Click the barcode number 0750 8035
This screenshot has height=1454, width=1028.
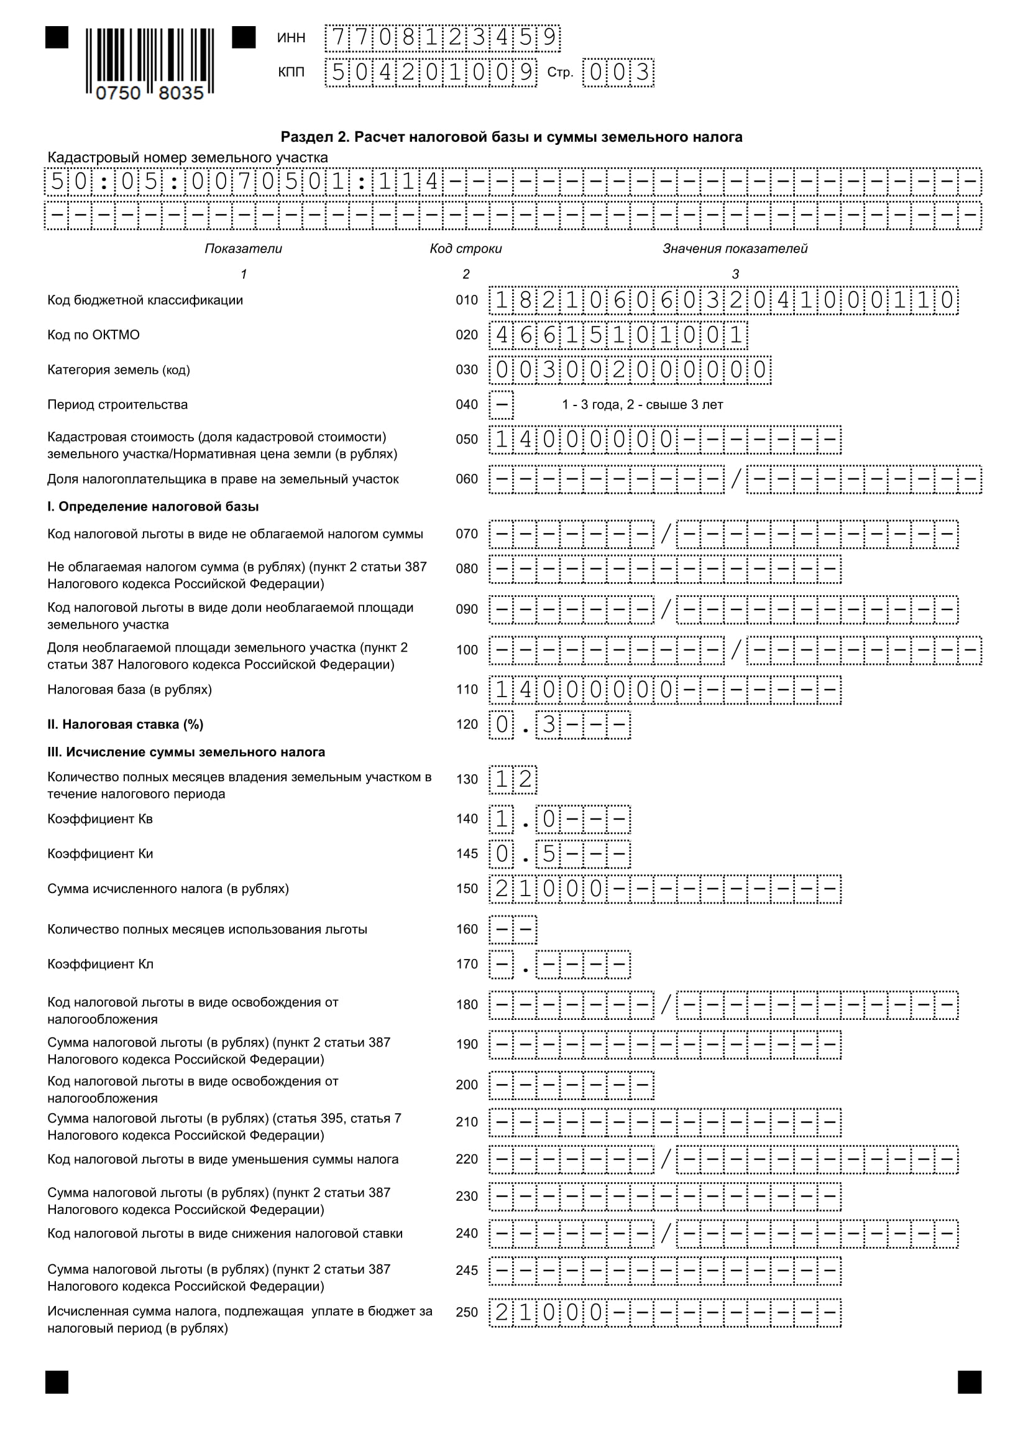pos(149,93)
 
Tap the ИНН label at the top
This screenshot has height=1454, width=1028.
pos(291,38)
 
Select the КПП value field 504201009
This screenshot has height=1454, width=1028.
pos(431,73)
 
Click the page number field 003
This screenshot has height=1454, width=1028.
pos(618,73)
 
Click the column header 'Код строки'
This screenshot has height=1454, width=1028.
pos(466,249)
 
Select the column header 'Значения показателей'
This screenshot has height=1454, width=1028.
pos(734,249)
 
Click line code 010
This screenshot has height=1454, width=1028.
pos(467,300)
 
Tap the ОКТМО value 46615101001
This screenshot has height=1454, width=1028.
pos(618,335)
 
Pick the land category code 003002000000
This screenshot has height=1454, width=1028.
pos(629,370)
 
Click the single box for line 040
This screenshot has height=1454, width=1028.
pos(501,405)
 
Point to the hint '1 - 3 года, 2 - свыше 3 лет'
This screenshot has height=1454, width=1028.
pos(642,405)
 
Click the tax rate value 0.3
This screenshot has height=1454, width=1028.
pos(559,725)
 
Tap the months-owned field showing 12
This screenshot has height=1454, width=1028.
pos(513,780)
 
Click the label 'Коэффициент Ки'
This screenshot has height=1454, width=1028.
pos(100,854)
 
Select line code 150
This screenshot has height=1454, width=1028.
pos(467,889)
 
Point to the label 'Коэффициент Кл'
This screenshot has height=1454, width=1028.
pos(100,965)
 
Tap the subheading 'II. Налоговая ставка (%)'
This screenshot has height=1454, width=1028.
pos(126,725)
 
